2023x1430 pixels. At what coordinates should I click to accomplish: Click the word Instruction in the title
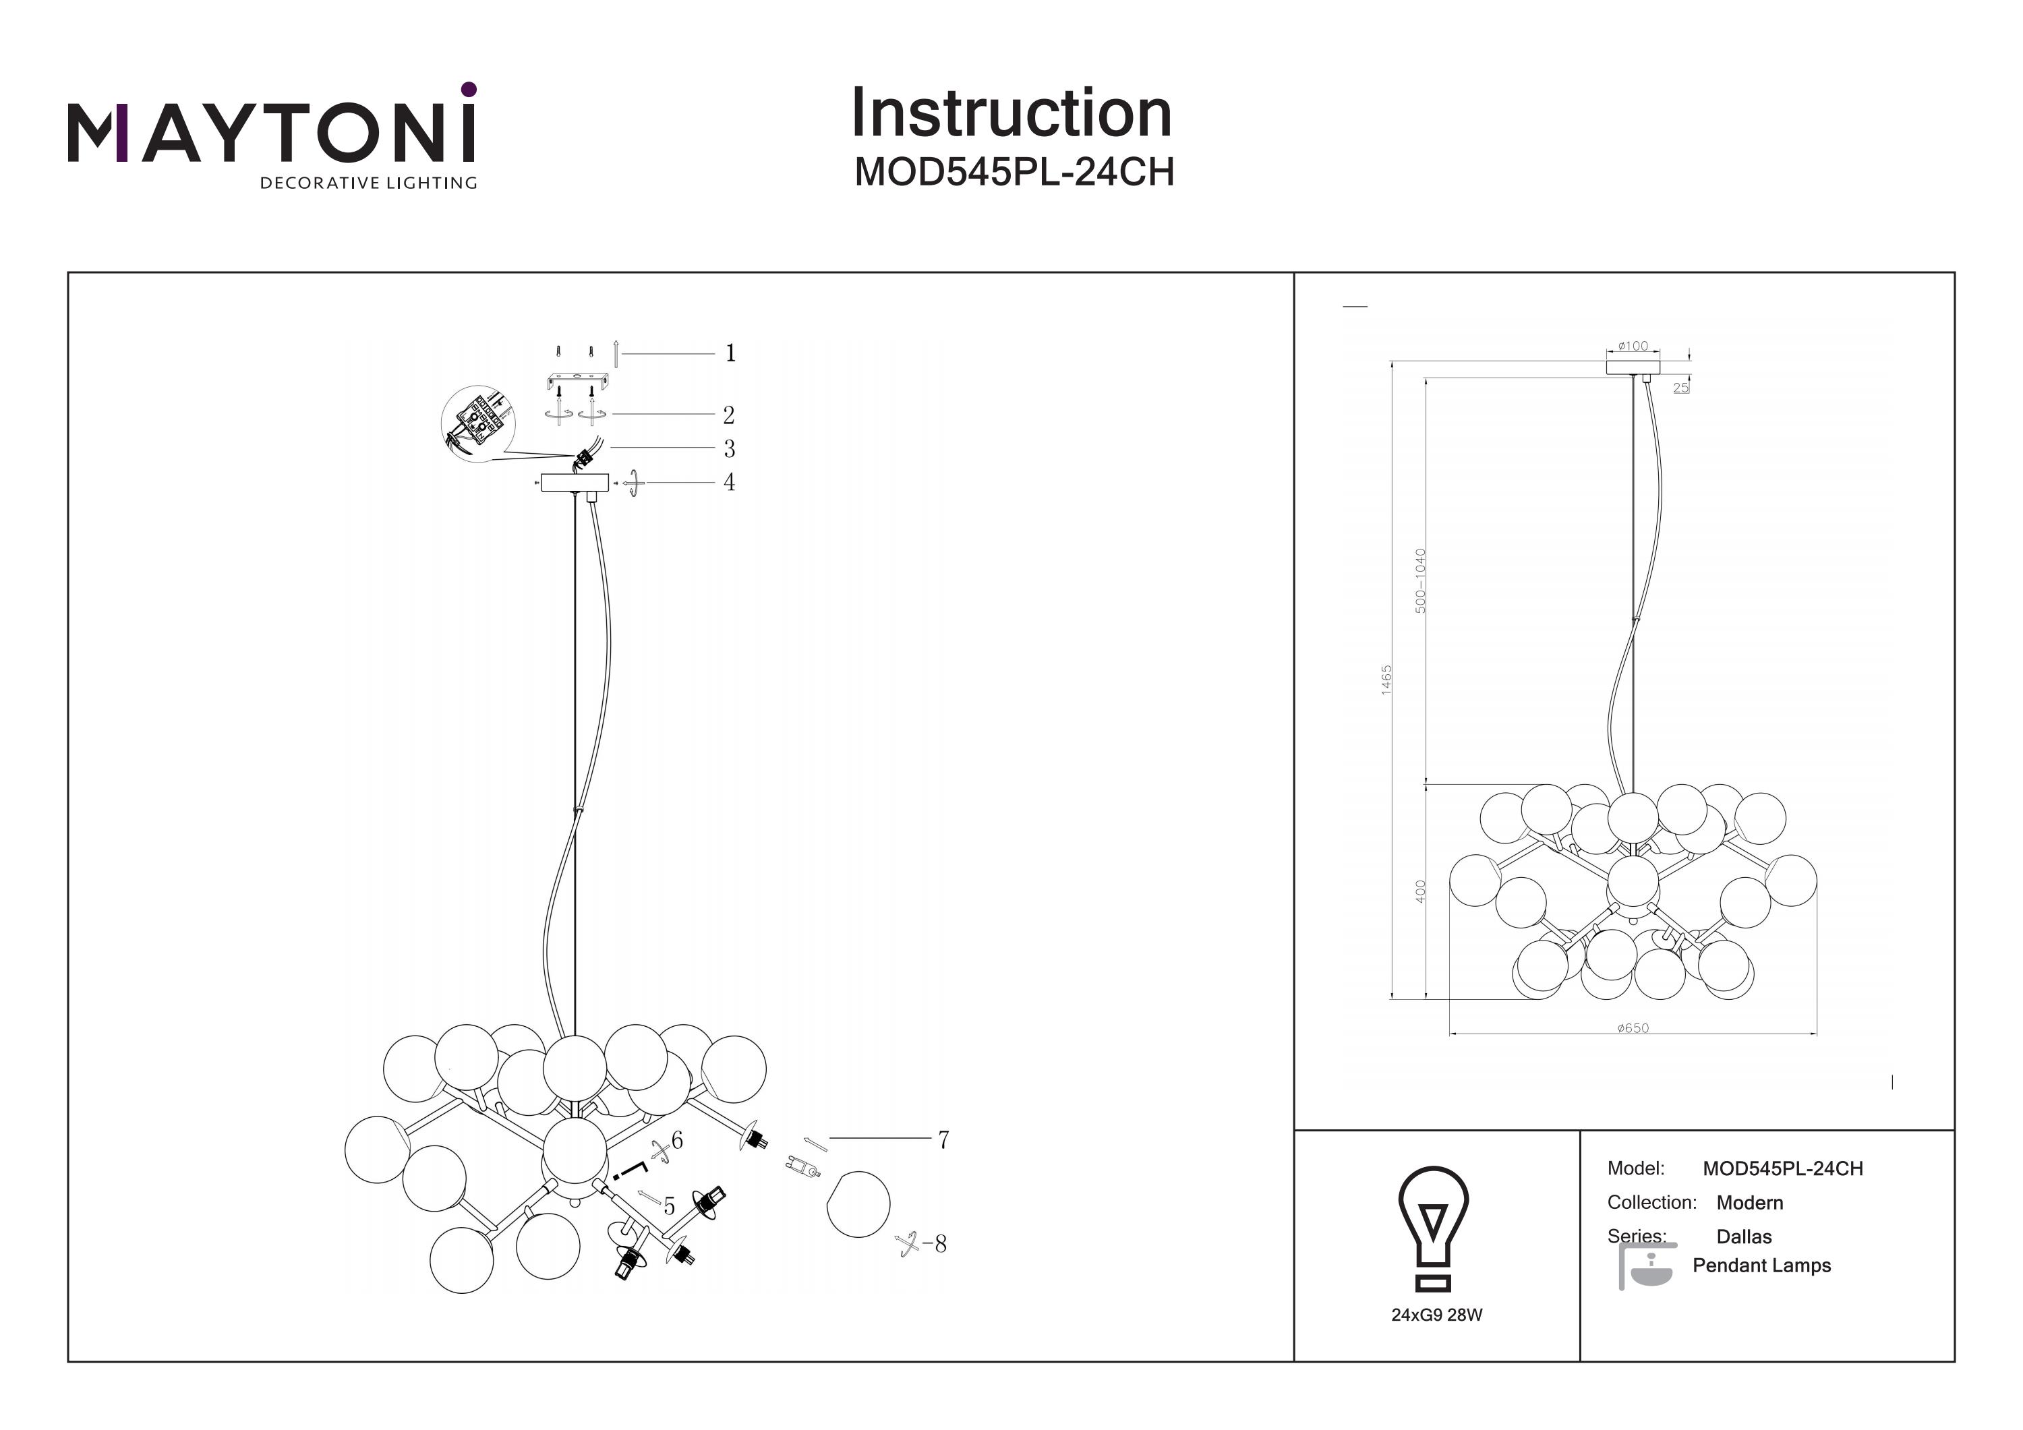[1011, 114]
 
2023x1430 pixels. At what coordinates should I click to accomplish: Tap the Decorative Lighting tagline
[368, 183]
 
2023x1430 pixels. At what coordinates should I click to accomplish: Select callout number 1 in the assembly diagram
[730, 353]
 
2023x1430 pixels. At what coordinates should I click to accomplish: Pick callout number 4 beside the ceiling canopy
[729, 482]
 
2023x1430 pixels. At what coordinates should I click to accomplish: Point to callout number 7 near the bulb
[943, 1140]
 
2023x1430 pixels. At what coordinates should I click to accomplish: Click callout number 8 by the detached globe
[940, 1244]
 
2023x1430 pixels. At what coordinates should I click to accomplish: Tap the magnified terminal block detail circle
[475, 423]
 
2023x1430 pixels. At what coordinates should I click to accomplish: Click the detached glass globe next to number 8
[858, 1203]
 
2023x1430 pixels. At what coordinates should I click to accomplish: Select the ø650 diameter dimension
[1633, 1027]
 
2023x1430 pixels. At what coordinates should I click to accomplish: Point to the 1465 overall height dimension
[1386, 680]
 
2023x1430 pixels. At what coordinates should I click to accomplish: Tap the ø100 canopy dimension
[1633, 347]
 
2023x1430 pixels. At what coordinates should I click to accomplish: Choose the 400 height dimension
[1419, 891]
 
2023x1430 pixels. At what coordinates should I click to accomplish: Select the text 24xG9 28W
[1436, 1315]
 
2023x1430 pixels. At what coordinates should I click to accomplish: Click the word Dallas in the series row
[1744, 1236]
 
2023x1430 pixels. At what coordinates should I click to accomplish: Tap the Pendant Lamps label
[1761, 1265]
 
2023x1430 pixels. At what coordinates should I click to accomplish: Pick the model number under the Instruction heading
[1014, 173]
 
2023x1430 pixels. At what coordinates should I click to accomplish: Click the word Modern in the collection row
[1749, 1203]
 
